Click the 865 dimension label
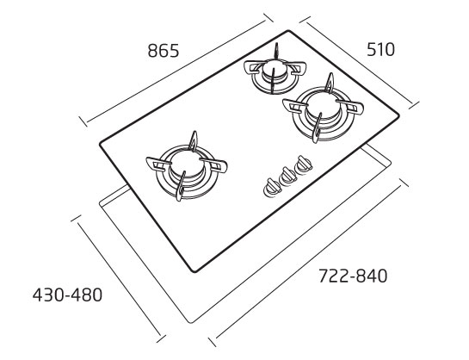(x=164, y=51)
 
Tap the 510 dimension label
(x=380, y=50)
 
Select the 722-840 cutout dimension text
(x=353, y=276)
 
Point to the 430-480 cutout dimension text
(x=67, y=295)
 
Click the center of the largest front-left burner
(x=186, y=164)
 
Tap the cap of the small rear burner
(x=275, y=69)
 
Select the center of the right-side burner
(x=323, y=106)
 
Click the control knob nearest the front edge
(x=272, y=187)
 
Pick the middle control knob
(x=287, y=176)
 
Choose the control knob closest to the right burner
(x=304, y=164)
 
